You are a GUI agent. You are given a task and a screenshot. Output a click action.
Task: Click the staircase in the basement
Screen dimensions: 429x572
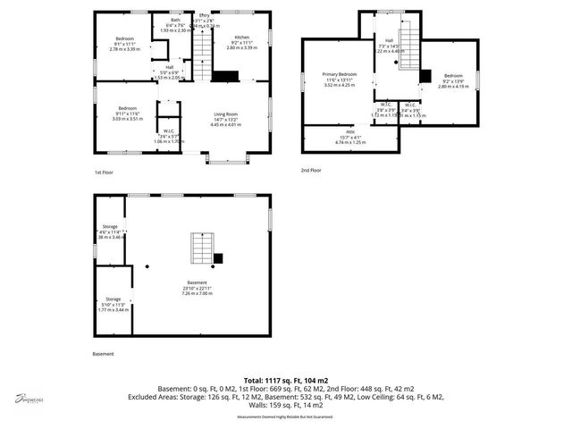(201, 248)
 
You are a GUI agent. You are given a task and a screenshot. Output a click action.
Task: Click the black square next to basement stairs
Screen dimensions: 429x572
(217, 258)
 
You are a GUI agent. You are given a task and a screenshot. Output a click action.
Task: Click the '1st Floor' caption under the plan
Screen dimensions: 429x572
(104, 172)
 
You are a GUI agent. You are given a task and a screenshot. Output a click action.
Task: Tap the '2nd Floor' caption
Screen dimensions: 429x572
(311, 170)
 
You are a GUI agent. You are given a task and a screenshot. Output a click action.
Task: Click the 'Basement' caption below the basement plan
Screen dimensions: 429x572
(103, 354)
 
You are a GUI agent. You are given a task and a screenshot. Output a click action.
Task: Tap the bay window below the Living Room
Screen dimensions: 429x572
(227, 159)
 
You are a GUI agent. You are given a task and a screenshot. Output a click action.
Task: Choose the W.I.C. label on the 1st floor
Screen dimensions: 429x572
(168, 130)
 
